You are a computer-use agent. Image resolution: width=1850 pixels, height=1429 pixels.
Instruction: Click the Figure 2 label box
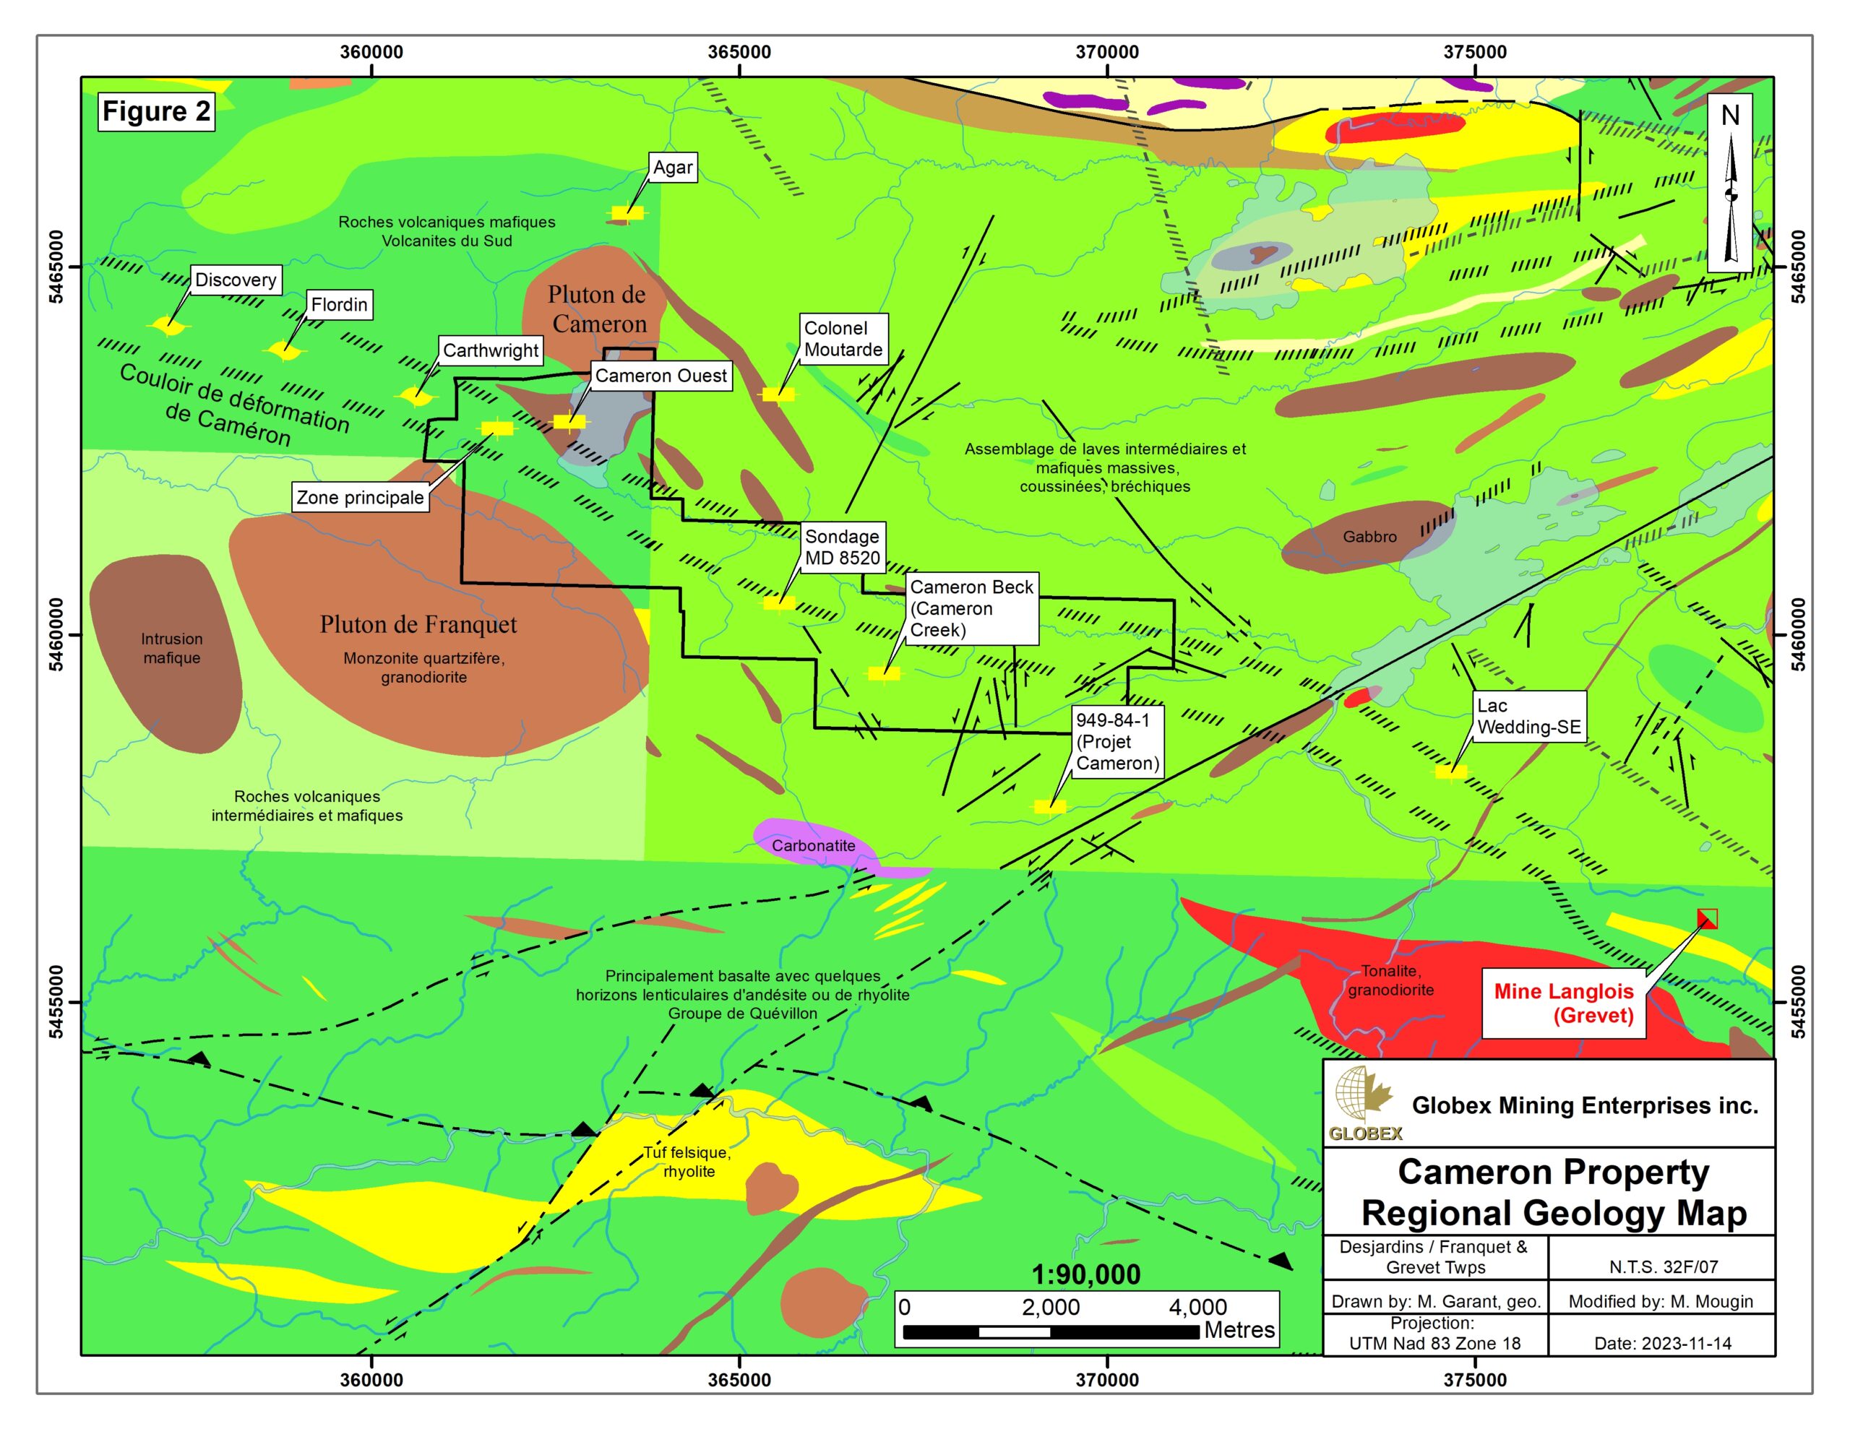(x=156, y=112)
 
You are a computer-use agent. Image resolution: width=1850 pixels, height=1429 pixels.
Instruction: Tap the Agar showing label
(x=673, y=168)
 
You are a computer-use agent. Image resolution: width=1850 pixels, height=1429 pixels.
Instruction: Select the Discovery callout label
(x=236, y=280)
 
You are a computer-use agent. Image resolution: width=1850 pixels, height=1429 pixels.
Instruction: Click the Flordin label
(x=339, y=305)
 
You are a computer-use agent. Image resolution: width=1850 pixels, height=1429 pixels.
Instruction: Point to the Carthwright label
(x=491, y=350)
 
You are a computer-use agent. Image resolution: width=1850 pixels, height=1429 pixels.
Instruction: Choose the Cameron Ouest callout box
(x=661, y=376)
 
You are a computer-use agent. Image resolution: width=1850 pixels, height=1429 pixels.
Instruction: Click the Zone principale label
(x=360, y=497)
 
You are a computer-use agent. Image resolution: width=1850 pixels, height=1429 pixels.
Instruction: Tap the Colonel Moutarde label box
(x=843, y=339)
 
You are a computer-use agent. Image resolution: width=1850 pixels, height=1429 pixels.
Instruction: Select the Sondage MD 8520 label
(x=842, y=547)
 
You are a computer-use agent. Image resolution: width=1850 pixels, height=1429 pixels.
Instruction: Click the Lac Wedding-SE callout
(x=1528, y=717)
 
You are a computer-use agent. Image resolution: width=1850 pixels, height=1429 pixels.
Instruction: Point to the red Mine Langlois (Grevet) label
(x=1563, y=1003)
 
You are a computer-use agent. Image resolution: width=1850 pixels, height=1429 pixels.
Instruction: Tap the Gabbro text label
(x=1369, y=537)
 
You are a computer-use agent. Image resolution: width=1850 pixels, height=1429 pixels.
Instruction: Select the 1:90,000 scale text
(x=1085, y=1274)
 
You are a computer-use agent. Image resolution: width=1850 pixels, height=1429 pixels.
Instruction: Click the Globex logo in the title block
(x=1364, y=1105)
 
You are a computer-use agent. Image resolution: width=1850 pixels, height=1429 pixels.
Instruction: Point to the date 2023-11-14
(x=1662, y=1344)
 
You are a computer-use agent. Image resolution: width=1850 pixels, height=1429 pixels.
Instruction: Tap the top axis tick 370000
(x=1107, y=53)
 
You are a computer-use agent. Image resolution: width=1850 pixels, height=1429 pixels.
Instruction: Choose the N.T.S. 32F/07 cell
(x=1663, y=1267)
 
